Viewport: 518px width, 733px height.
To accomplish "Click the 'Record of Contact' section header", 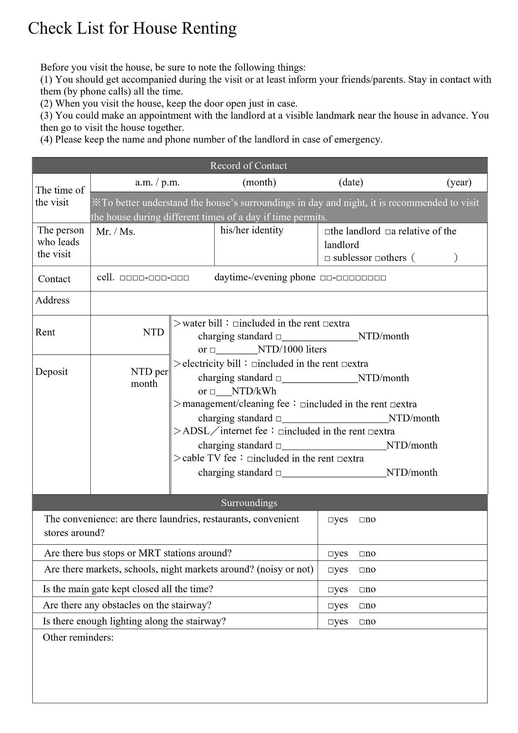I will [248, 166].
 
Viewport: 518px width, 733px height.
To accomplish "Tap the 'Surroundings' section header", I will [249, 503].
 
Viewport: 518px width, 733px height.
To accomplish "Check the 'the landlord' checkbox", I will [327, 232].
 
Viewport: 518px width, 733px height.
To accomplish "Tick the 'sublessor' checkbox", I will [327, 259].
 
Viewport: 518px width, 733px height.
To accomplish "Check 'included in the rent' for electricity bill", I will [255, 365].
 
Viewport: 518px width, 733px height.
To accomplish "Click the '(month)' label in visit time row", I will [259, 183].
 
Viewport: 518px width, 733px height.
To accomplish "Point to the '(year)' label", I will [459, 183].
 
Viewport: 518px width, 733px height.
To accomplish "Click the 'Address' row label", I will [52, 300].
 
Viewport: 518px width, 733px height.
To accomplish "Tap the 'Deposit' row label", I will [52, 372].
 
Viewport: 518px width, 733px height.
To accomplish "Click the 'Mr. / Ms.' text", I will [115, 232].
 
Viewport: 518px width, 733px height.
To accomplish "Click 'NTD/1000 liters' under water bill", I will [292, 349].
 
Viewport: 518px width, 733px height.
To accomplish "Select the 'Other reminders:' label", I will [78, 637].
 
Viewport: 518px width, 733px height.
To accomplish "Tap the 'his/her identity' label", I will [252, 230].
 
